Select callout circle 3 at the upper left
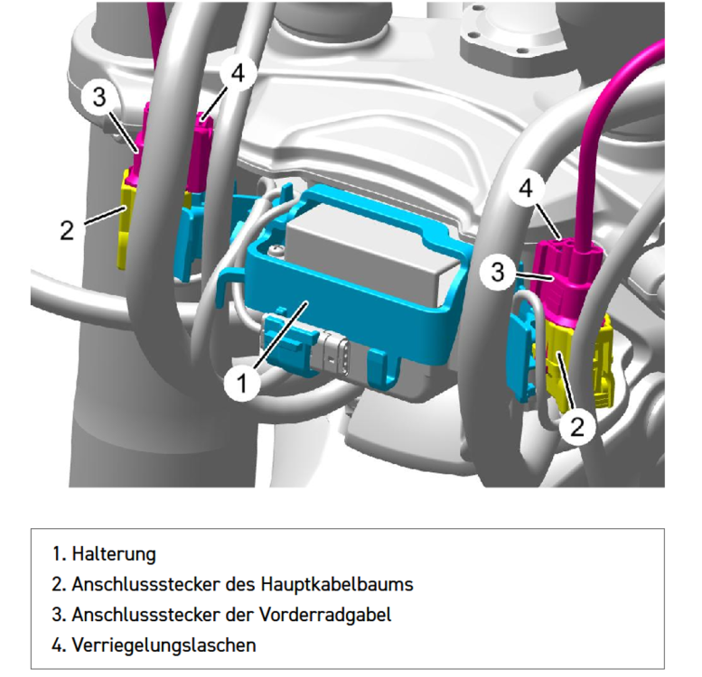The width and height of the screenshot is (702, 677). point(100,97)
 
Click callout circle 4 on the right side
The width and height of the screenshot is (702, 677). point(532,190)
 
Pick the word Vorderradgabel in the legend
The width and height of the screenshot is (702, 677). point(329,615)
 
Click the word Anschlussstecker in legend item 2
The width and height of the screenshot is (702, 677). point(136,584)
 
